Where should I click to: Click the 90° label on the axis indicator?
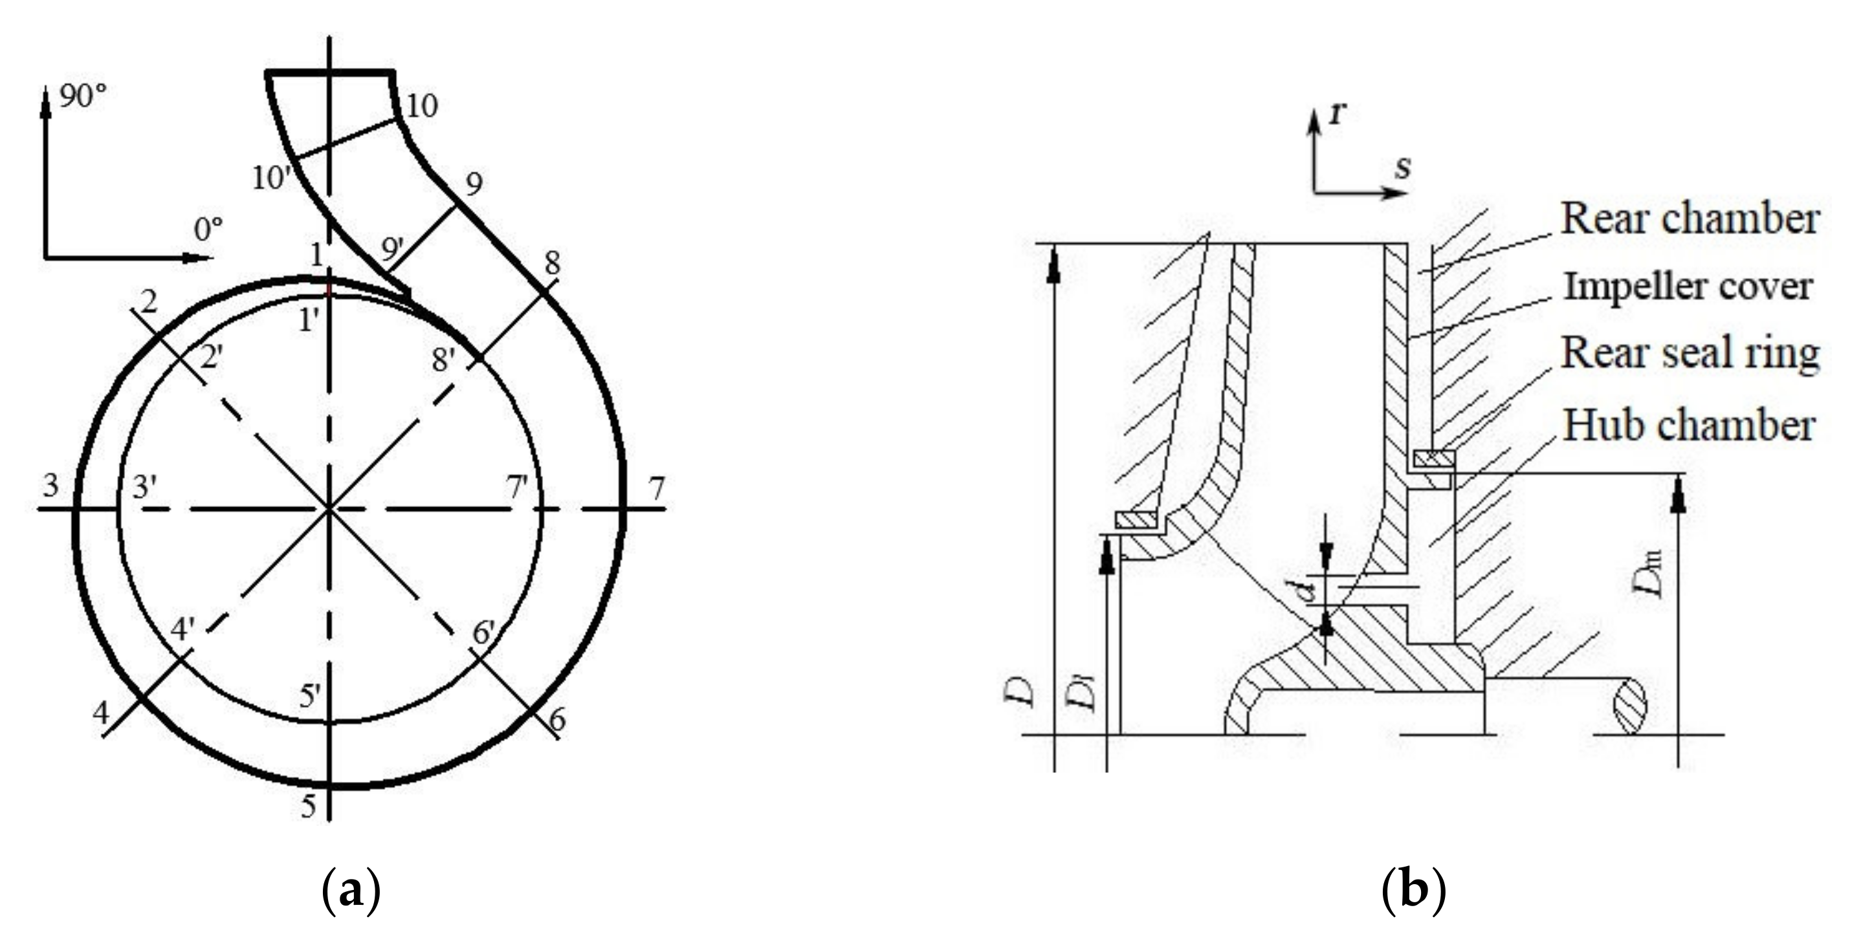[x=83, y=96]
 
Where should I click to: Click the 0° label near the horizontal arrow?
[x=209, y=230]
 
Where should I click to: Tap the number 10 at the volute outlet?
[x=421, y=106]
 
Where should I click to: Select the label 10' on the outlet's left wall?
[x=269, y=178]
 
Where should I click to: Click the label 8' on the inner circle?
[x=444, y=360]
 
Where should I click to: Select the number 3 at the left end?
[x=50, y=486]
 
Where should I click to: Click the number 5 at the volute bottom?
[x=307, y=807]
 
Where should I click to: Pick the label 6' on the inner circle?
[x=484, y=633]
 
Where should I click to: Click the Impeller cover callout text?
[x=1688, y=287]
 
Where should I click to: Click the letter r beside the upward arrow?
[x=1336, y=113]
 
